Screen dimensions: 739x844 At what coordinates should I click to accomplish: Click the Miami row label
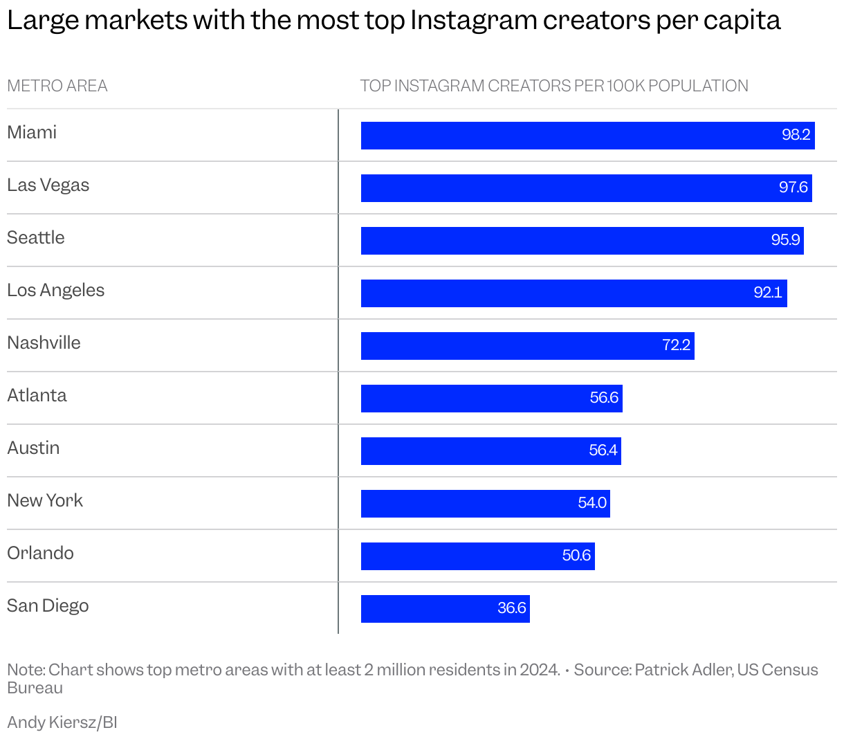tap(32, 132)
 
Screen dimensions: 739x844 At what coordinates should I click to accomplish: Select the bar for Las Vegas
tap(586, 188)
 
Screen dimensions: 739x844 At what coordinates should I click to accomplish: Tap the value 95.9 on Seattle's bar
tap(785, 240)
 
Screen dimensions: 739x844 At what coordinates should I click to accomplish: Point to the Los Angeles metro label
tap(55, 290)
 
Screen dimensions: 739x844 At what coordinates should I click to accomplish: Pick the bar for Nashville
tap(527, 345)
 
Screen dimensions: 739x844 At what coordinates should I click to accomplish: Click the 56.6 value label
tap(604, 398)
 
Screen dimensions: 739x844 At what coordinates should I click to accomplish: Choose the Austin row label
tap(33, 448)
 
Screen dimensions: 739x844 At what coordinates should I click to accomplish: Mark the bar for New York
tap(485, 504)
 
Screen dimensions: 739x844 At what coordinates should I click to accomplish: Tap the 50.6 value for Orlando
tap(576, 556)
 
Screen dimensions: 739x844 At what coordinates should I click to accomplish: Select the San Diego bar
tap(445, 609)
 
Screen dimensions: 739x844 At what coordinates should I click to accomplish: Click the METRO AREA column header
tap(57, 86)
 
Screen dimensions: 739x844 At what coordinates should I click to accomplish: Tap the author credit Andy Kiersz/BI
tap(62, 722)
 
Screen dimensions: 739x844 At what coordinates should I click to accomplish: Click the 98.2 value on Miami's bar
tap(796, 135)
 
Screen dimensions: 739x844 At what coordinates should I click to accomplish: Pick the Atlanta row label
tap(37, 395)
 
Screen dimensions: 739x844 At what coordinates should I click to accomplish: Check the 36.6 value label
tap(512, 608)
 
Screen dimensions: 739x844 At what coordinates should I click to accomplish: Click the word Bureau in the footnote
tap(35, 688)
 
